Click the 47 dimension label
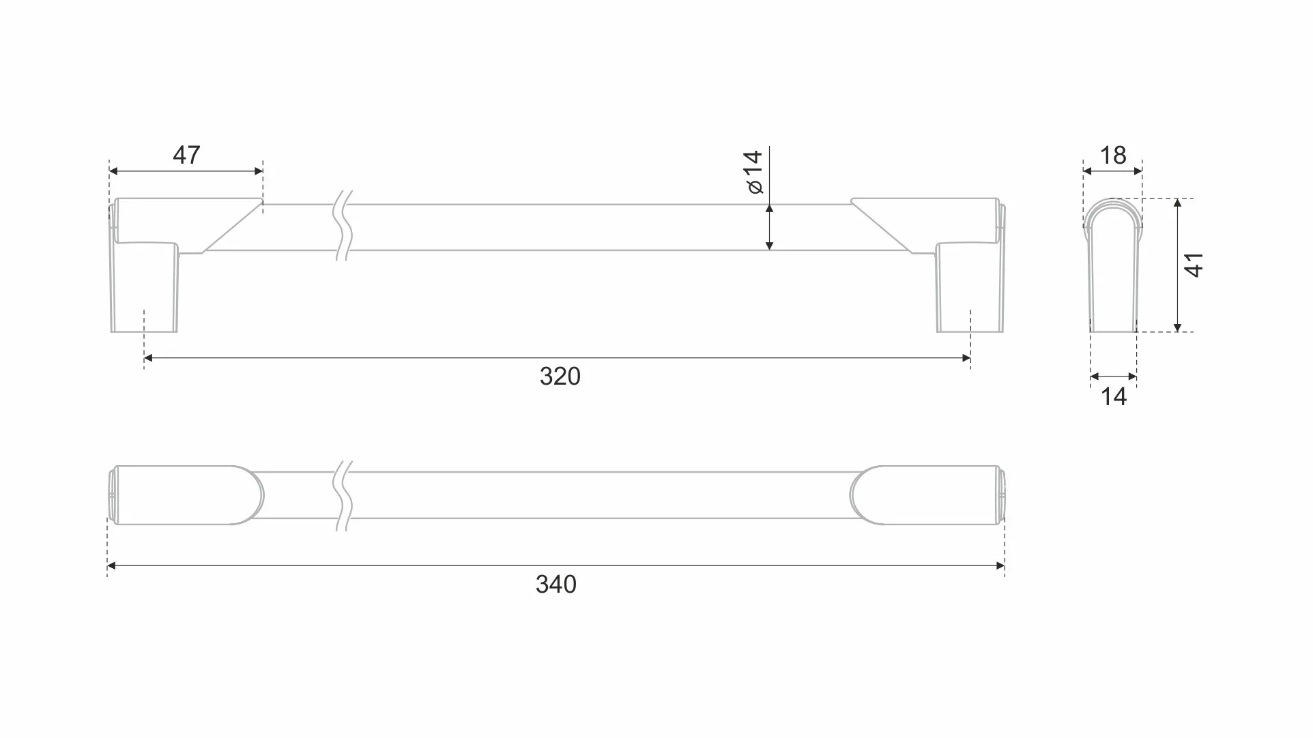[x=186, y=156]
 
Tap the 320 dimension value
[x=560, y=377]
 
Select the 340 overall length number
[x=555, y=585]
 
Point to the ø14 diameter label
[x=753, y=172]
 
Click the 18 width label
[x=1113, y=156]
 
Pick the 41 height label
[x=1194, y=265]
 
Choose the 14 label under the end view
[x=1114, y=397]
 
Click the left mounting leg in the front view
[x=145, y=290]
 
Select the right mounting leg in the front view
[x=970, y=290]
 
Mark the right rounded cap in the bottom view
[x=925, y=495]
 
